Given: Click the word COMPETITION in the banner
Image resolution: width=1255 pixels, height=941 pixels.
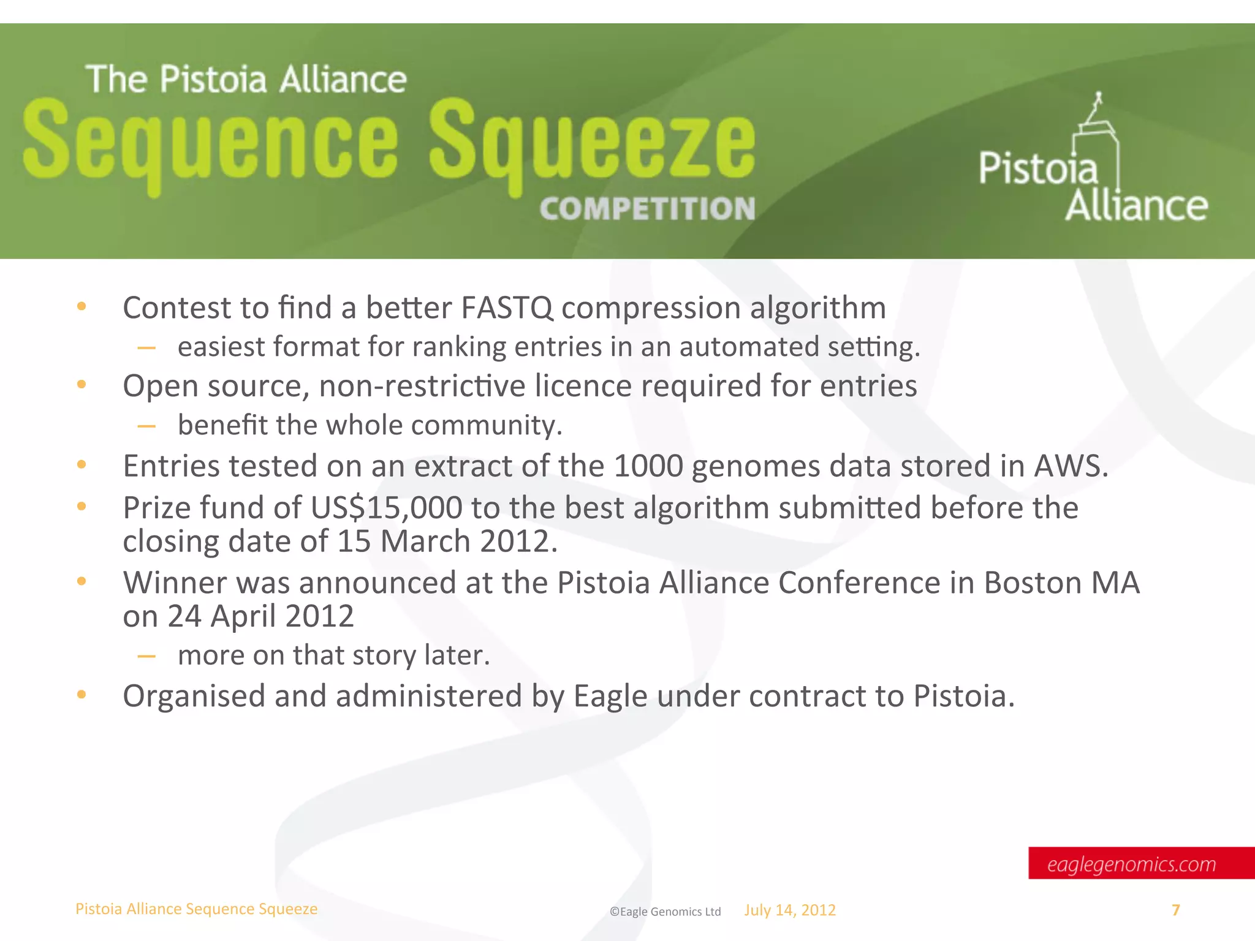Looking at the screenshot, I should pyautogui.click(x=647, y=209).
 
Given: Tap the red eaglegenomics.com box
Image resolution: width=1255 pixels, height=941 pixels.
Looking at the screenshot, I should pyautogui.click(x=1140, y=863).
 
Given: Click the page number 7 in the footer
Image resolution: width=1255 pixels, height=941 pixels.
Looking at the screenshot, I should pyautogui.click(x=1175, y=910).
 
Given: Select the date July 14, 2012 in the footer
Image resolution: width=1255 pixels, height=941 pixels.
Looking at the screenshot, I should pyautogui.click(x=790, y=910).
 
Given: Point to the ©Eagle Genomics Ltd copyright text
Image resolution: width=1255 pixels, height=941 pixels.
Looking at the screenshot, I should pyautogui.click(x=665, y=912).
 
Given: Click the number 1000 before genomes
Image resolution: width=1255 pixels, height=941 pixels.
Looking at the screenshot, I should pyautogui.click(x=648, y=466).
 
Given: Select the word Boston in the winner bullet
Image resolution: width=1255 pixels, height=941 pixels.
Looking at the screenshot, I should pyautogui.click(x=1032, y=583).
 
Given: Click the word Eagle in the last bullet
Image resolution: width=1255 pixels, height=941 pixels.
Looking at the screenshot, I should pyautogui.click(x=610, y=697).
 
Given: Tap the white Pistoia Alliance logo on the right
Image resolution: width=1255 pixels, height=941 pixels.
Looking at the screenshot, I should pyautogui.click(x=1093, y=165).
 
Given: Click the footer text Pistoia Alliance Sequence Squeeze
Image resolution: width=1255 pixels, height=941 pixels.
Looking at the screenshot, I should pyautogui.click(x=196, y=909).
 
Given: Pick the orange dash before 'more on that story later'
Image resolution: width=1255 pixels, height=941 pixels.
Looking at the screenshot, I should pyautogui.click(x=146, y=656).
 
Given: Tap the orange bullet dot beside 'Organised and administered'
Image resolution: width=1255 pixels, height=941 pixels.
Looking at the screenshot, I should pyautogui.click(x=82, y=695).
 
